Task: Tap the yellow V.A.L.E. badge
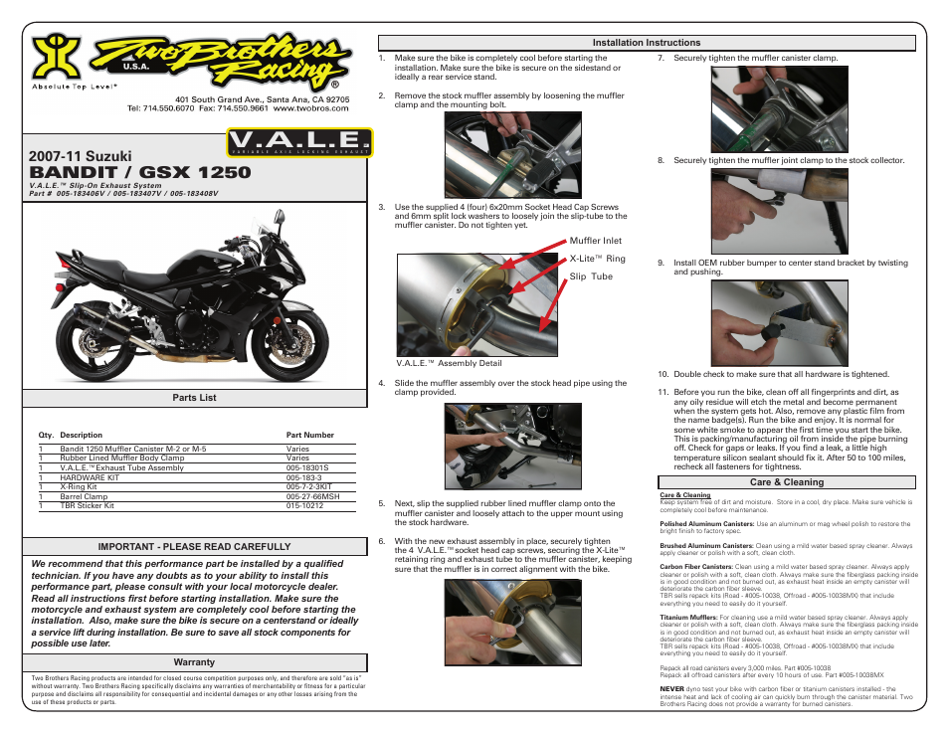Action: point(299,143)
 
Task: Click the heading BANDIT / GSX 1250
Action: point(140,172)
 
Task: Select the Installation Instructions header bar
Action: point(646,43)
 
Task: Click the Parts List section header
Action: point(194,398)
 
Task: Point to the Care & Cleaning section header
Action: point(786,482)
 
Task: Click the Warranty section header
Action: point(194,662)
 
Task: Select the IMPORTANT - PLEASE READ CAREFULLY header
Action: point(194,546)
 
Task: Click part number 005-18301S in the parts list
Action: point(308,467)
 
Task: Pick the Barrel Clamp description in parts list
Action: point(84,496)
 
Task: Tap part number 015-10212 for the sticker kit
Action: point(304,505)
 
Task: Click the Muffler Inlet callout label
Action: point(595,241)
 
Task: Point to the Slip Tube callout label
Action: point(591,276)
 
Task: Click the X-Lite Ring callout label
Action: point(597,259)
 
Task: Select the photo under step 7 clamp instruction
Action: point(764,108)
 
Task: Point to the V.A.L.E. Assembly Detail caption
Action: point(449,363)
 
